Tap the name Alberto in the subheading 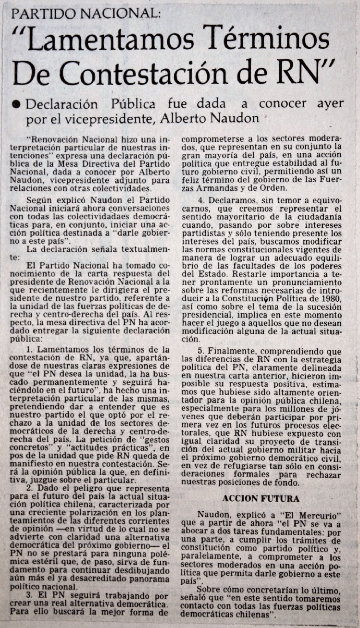(x=204, y=118)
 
